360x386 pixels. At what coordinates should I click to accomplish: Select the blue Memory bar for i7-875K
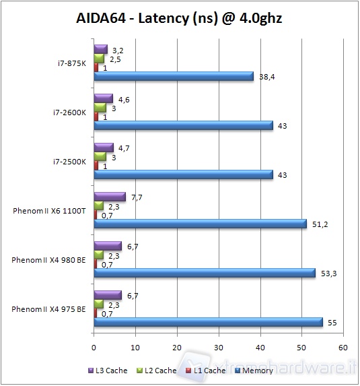pyautogui.click(x=174, y=77)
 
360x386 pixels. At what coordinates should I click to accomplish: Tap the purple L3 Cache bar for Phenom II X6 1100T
pyautogui.click(x=110, y=197)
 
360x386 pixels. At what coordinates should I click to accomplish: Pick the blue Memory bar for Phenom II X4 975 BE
pyautogui.click(x=208, y=323)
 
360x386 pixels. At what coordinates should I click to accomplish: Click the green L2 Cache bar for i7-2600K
pyautogui.click(x=100, y=108)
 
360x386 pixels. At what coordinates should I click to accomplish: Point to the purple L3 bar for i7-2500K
pyautogui.click(x=104, y=148)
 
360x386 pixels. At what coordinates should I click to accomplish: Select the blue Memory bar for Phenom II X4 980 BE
pyautogui.click(x=205, y=273)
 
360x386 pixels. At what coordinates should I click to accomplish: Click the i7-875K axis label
pyautogui.click(x=71, y=63)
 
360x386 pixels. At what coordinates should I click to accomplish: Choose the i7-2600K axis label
pyautogui.click(x=69, y=112)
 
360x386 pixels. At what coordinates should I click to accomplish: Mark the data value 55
pyautogui.click(x=332, y=323)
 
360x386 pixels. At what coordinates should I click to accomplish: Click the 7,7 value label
pyautogui.click(x=137, y=197)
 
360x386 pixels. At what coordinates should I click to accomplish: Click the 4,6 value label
pyautogui.click(x=124, y=98)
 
